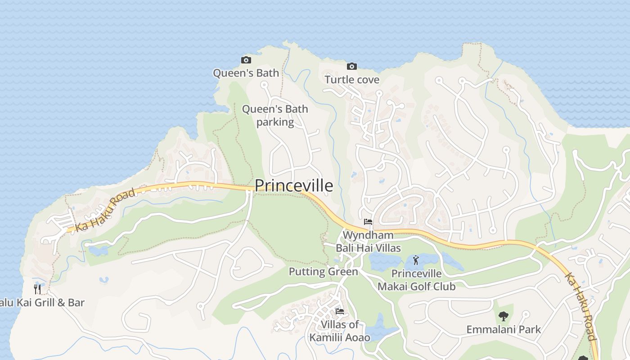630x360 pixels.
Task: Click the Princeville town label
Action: tap(294, 185)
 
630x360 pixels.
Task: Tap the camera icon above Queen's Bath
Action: tap(246, 60)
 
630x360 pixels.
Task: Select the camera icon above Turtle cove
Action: tap(352, 67)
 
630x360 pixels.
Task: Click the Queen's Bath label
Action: tap(246, 73)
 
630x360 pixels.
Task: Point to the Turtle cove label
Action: tap(352, 80)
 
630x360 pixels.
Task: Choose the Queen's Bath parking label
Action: tap(275, 115)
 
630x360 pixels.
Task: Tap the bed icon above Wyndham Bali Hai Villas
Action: tap(368, 222)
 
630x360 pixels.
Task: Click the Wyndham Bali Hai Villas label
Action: tap(368, 241)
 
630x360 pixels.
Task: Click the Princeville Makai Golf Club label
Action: tap(416, 280)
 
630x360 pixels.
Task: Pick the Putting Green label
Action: tap(323, 271)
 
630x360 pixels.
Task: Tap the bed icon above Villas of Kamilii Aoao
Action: tap(340, 311)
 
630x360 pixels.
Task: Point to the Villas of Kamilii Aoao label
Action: tap(340, 331)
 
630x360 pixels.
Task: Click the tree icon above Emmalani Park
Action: tap(504, 316)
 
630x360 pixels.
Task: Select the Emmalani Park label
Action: tap(504, 329)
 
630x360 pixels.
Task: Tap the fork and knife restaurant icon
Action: tap(38, 289)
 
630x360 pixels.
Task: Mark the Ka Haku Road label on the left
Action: tap(105, 210)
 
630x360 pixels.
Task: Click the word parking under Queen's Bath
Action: tap(275, 122)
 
